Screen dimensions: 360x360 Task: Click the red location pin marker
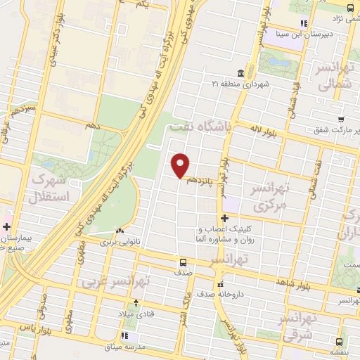[x=181, y=165]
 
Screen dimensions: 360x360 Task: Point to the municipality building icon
[x=241, y=73]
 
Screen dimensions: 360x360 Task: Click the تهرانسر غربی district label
[x=110, y=282]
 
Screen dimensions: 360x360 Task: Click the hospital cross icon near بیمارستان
[x=6, y=226]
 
